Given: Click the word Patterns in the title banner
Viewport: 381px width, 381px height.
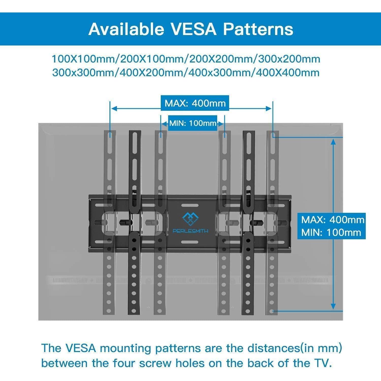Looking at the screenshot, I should pyautogui.click(x=258, y=29).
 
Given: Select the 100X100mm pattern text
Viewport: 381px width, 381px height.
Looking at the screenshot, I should pyautogui.click(x=84, y=59).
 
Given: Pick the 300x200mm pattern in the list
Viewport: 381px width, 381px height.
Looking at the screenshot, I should pyautogui.click(x=289, y=59).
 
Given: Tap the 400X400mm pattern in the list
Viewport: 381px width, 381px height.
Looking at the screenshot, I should pyautogui.click(x=288, y=73).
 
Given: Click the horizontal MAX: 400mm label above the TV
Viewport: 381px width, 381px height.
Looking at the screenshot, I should pyautogui.click(x=195, y=103).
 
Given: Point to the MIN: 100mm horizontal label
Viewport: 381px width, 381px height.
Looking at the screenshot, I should pyautogui.click(x=193, y=123).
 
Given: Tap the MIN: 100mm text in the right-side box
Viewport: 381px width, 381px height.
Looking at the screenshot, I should pyautogui.click(x=331, y=232).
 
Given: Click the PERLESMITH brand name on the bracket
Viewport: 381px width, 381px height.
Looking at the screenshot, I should pyautogui.click(x=190, y=231).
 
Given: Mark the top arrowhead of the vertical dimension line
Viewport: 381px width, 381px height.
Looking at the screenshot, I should pyautogui.click(x=334, y=141).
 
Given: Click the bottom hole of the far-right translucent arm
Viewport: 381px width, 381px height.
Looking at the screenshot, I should pyautogui.click(x=272, y=311).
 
